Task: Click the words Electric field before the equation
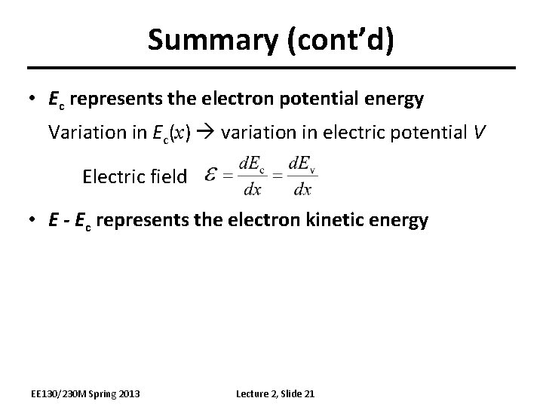click(x=134, y=176)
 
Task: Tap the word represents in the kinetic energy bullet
click(x=140, y=220)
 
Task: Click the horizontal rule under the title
click(x=271, y=69)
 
